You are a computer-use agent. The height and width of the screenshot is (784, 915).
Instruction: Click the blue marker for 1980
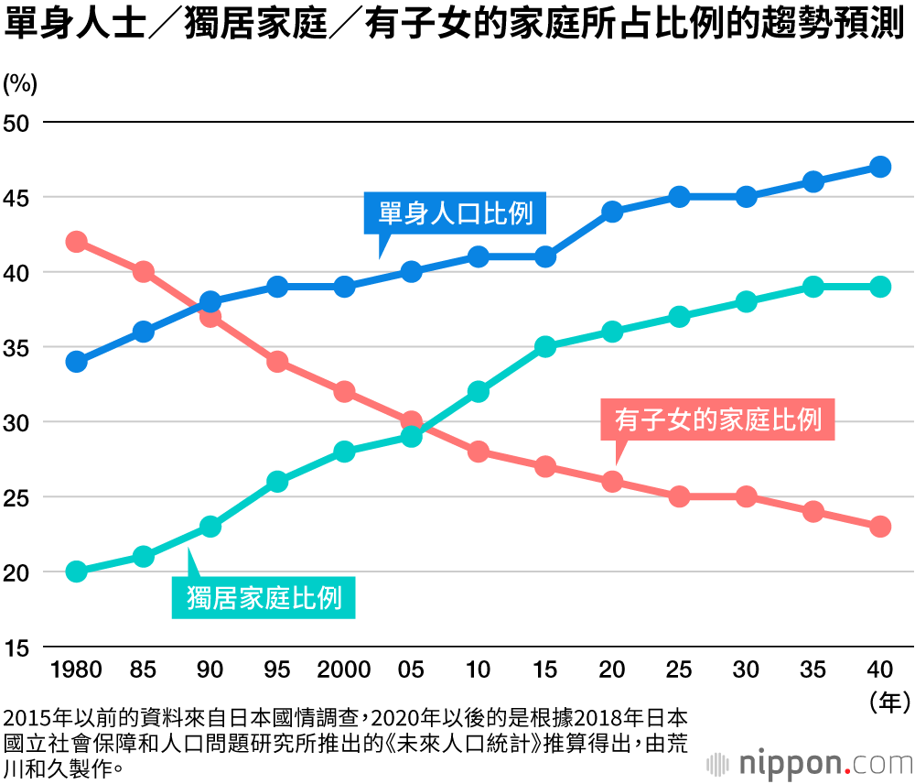click(x=77, y=362)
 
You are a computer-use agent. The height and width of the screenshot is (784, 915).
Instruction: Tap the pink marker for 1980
click(x=77, y=242)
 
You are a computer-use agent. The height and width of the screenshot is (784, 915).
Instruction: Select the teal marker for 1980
click(x=77, y=572)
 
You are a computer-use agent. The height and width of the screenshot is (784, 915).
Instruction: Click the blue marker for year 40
click(x=880, y=167)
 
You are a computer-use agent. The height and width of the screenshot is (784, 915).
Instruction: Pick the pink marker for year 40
click(x=880, y=527)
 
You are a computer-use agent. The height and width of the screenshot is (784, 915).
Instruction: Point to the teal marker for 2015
click(x=545, y=347)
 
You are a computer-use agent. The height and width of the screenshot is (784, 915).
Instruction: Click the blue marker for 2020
click(x=612, y=212)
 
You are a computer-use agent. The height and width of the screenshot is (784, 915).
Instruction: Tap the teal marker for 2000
click(x=344, y=452)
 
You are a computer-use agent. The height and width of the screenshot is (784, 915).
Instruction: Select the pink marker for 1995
click(x=277, y=362)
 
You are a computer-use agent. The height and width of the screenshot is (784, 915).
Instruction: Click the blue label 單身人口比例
click(x=456, y=213)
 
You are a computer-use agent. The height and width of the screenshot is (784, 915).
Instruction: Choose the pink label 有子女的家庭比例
click(x=718, y=420)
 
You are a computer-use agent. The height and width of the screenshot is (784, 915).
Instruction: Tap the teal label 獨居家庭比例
click(x=264, y=598)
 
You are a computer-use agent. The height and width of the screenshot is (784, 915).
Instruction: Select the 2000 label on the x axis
click(x=344, y=670)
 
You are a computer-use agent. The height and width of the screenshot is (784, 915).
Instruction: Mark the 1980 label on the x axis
click(x=77, y=670)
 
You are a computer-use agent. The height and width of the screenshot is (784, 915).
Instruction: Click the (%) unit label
click(x=19, y=84)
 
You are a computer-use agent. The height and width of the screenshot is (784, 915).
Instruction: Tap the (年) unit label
click(x=888, y=702)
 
